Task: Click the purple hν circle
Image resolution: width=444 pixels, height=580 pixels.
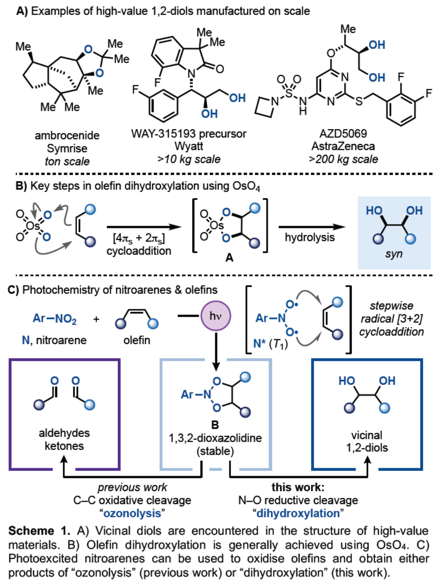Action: pyautogui.click(x=215, y=316)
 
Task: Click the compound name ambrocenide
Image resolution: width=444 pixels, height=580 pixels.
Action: pyautogui.click(x=67, y=135)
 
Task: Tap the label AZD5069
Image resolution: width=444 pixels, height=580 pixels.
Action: pyautogui.click(x=343, y=133)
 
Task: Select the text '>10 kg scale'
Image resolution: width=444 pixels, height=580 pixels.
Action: pyautogui.click(x=188, y=159)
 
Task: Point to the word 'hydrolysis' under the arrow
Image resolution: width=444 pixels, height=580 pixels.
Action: pyautogui.click(x=309, y=237)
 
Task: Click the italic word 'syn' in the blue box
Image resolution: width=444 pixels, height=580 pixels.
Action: pyautogui.click(x=393, y=254)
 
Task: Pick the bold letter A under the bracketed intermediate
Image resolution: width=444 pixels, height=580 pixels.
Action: pyautogui.click(x=229, y=258)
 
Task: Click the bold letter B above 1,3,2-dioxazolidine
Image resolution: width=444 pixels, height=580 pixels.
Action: pyautogui.click(x=215, y=425)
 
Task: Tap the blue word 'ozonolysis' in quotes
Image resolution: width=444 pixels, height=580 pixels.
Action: pyautogui.click(x=132, y=513)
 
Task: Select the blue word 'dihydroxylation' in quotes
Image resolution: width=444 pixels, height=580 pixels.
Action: pyautogui.click(x=298, y=513)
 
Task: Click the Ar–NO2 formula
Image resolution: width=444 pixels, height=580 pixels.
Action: pyautogui.click(x=55, y=319)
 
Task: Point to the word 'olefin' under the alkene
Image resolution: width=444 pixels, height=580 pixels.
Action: pyautogui.click(x=136, y=340)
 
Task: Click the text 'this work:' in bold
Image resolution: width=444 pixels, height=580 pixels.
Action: pyautogui.click(x=298, y=487)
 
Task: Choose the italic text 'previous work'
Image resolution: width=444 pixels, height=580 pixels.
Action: pyautogui.click(x=132, y=487)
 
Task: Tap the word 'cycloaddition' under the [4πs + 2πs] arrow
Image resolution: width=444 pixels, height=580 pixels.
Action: pyautogui.click(x=139, y=251)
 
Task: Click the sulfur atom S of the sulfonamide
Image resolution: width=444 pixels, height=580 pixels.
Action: pyautogui.click(x=289, y=92)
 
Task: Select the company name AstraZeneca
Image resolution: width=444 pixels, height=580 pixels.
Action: pyautogui.click(x=343, y=146)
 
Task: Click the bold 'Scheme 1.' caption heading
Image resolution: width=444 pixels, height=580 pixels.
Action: pyautogui.click(x=39, y=531)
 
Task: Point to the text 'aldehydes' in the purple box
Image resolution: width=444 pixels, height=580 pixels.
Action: pyautogui.click(x=64, y=433)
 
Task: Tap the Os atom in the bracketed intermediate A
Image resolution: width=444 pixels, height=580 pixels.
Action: pyautogui.click(x=217, y=226)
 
